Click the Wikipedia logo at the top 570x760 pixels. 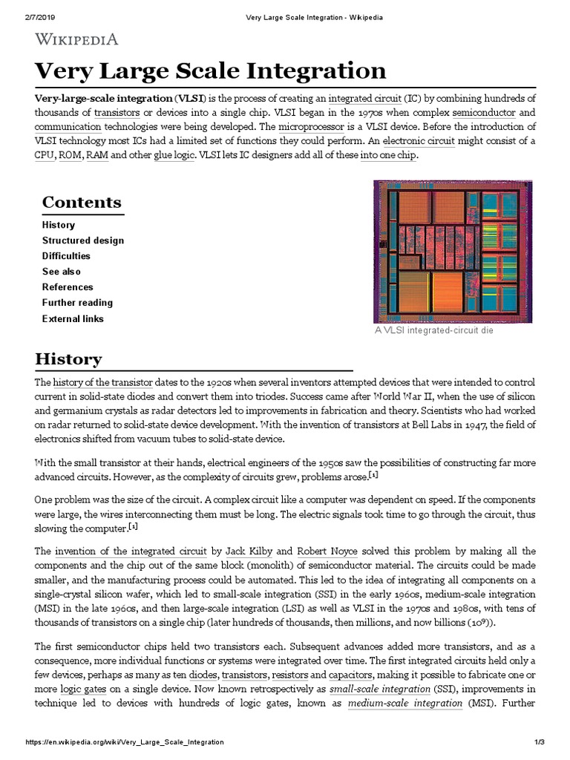pyautogui.click(x=76, y=39)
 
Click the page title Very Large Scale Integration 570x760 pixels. pyautogui.click(x=211, y=71)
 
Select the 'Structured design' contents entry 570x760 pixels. pyautogui.click(x=83, y=240)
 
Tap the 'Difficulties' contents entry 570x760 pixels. pyautogui.click(x=66, y=256)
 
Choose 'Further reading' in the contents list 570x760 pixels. pyautogui.click(x=77, y=303)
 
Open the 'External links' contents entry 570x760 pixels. pyautogui.click(x=73, y=319)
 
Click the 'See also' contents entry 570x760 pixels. pyautogui.click(x=62, y=272)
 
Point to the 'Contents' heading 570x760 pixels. pyautogui.click(x=82, y=202)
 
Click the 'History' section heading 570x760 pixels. pyautogui.click(x=68, y=359)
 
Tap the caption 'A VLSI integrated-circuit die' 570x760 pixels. pyautogui.click(x=434, y=330)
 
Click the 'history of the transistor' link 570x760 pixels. pyautogui.click(x=102, y=382)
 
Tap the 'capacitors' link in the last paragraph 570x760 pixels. pyautogui.click(x=353, y=675)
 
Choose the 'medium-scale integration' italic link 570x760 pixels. pyautogui.click(x=404, y=703)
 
